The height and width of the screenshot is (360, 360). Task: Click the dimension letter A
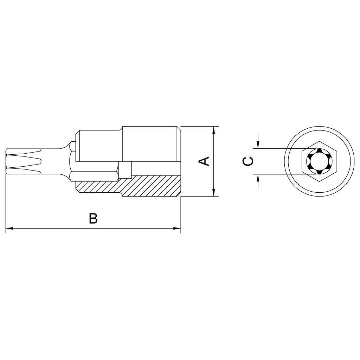point(204,161)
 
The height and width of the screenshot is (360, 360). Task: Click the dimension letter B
point(93,218)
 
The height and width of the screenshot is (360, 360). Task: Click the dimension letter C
point(248,161)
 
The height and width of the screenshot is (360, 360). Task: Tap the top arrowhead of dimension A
point(214,130)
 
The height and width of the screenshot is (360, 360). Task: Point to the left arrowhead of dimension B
point(9,229)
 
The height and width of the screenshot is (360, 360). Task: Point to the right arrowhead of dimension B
point(177,229)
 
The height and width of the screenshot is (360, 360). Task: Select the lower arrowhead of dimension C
point(258,178)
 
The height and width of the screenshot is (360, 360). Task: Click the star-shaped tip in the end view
point(319,161)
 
